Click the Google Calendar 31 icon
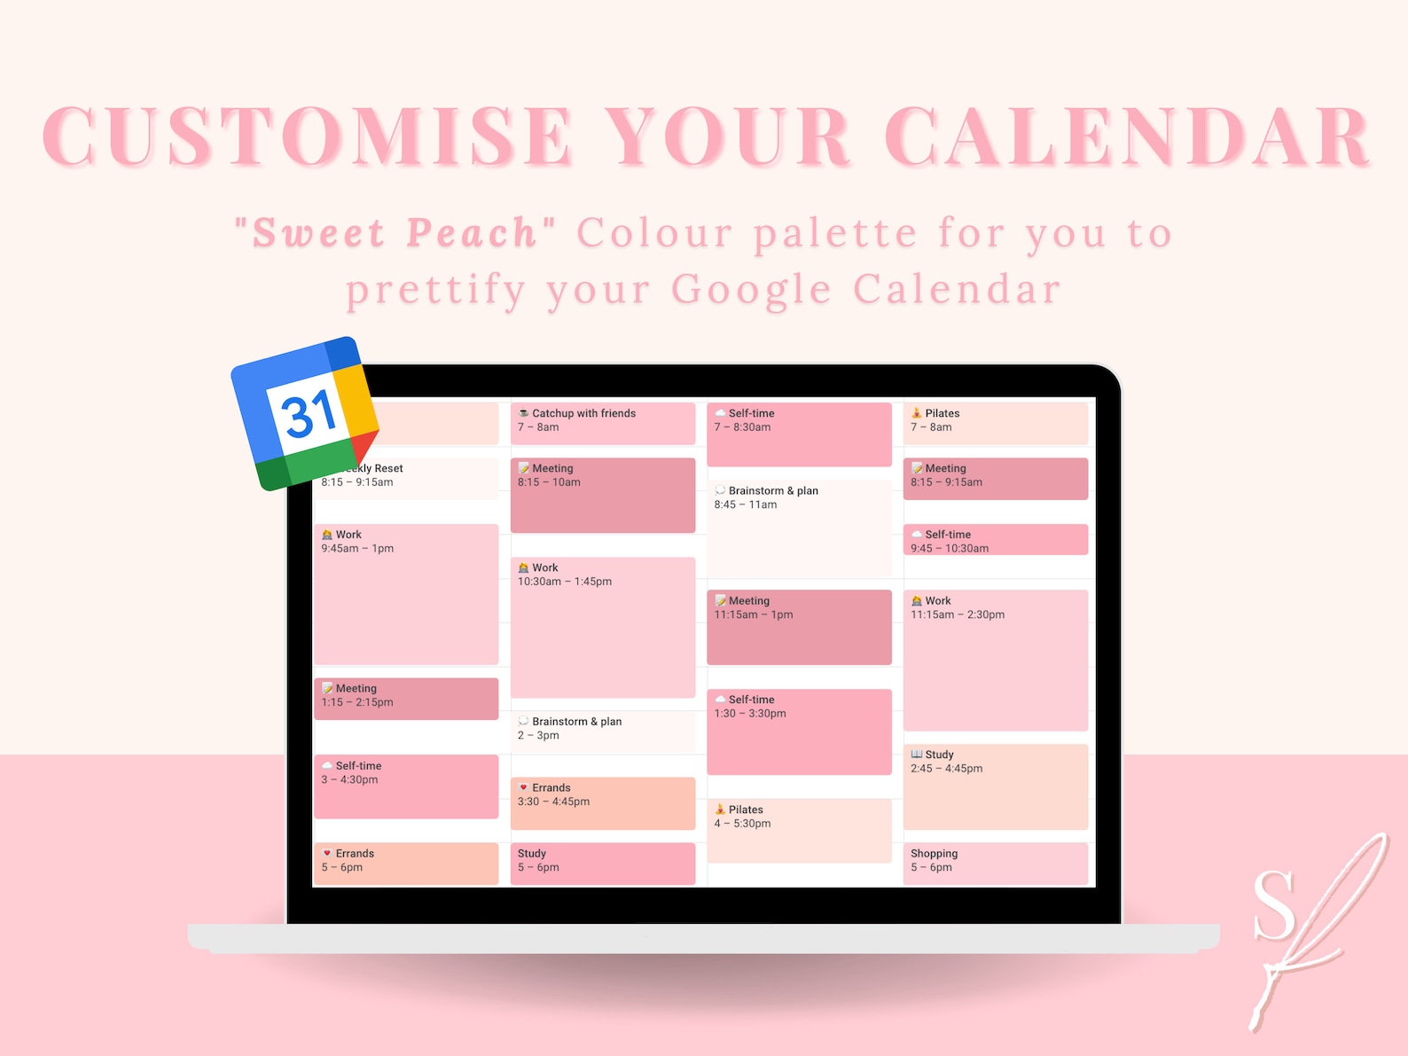pos(305,412)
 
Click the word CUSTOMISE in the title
pos(307,137)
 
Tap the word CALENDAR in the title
pos(1127,137)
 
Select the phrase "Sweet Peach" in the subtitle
pos(395,233)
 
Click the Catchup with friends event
pos(602,423)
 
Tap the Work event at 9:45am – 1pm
pos(406,594)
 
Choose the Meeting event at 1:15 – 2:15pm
pos(406,698)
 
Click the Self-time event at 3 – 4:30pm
pos(406,786)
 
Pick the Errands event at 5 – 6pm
pos(406,862)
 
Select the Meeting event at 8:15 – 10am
pos(602,495)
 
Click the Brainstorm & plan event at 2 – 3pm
pos(602,731)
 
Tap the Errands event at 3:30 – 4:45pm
pos(602,802)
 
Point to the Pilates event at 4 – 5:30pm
pos(798,830)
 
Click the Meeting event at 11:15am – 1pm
pos(798,626)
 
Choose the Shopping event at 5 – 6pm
pos(995,862)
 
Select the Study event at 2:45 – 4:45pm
pos(995,786)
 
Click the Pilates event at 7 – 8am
pos(995,423)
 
